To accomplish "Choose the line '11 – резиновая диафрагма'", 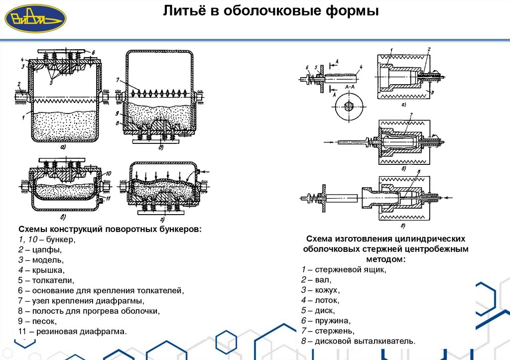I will tap(73, 331).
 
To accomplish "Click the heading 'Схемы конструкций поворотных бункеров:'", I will tap(110, 229).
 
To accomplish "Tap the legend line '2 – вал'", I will tap(316, 280).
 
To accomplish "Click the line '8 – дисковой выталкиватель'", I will tap(358, 341).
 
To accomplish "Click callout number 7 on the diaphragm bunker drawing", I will tap(118, 80).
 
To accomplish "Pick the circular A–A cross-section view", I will tap(347, 107).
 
